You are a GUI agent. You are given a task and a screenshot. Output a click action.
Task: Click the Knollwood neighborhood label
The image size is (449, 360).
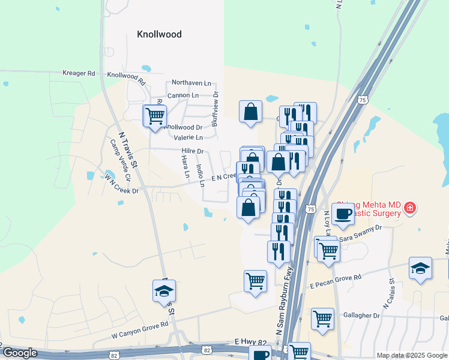[159, 34]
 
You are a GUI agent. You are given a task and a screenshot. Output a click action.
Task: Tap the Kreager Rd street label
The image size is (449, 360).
[79, 73]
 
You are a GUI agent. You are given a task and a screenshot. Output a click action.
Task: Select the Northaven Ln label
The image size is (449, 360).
[192, 83]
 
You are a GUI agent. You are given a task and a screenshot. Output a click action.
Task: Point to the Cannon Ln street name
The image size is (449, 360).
[182, 95]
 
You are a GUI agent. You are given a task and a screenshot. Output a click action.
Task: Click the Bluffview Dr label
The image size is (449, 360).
[215, 109]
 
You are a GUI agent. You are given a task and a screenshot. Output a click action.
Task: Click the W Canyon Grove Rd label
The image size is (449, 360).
[140, 324]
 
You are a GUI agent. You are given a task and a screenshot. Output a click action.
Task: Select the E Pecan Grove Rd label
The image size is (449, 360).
[336, 278]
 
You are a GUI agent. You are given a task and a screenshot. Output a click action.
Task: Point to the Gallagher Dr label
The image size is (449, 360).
[361, 316]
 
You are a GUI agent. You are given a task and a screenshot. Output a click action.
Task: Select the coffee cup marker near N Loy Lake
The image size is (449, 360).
[343, 214]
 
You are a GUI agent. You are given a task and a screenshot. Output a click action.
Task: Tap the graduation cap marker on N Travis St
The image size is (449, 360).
[164, 292]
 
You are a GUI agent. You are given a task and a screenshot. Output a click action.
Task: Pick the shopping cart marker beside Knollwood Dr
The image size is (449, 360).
[155, 115]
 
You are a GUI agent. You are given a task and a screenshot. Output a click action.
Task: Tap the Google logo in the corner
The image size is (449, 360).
[20, 353]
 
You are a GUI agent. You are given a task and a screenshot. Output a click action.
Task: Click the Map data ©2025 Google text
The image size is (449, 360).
[412, 355]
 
